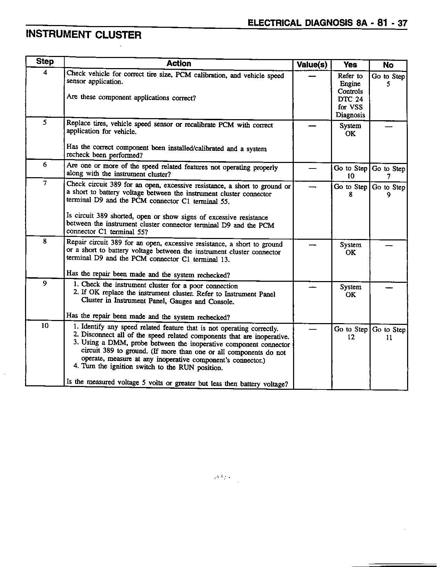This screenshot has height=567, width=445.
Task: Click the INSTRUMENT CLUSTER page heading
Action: coord(84,35)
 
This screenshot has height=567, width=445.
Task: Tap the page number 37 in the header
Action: coord(402,23)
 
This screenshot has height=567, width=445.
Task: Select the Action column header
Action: coord(179,64)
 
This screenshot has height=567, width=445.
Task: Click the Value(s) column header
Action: coord(312,65)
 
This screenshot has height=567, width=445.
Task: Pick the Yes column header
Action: coord(350,65)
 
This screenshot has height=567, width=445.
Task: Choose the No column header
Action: coord(388,65)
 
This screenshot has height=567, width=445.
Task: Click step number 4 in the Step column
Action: coord(45,73)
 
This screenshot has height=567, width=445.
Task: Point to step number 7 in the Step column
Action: coord(45,183)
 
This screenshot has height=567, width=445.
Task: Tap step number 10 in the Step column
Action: coord(45,326)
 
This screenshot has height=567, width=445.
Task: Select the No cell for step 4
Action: coord(388,80)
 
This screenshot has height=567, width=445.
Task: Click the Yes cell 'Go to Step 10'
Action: coord(350,172)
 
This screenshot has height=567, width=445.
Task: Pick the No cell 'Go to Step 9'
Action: coord(389,191)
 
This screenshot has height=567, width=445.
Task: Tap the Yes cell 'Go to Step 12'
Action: coord(351,333)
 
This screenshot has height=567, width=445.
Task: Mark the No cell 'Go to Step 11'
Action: coord(389,333)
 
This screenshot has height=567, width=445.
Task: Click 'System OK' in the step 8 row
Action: coord(351,248)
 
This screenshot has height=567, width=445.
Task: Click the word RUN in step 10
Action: coord(187,368)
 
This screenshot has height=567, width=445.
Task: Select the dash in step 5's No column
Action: coord(388,127)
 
